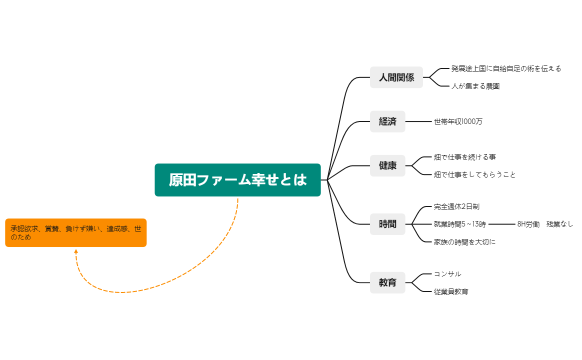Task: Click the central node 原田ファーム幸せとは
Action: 237,180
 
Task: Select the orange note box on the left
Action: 76,232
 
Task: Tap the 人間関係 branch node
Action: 388,77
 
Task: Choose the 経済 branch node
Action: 387,121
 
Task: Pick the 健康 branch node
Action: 387,165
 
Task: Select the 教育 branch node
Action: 387,282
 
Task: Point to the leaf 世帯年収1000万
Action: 458,121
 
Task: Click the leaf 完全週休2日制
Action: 463,206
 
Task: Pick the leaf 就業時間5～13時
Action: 460,224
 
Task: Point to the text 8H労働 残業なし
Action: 545,224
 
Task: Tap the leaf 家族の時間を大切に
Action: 465,242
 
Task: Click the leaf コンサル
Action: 448,273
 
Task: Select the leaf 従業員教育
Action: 451,291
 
